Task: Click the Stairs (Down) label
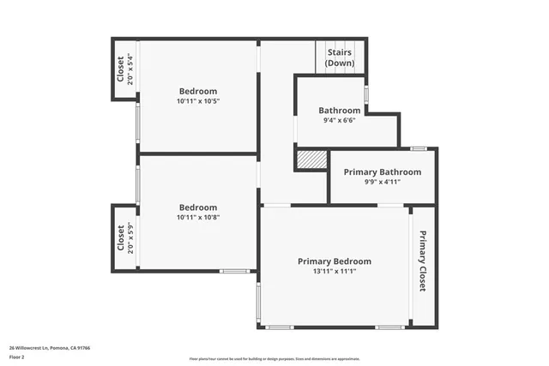click(x=340, y=57)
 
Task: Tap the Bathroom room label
click(x=340, y=111)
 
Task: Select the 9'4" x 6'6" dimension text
click(x=340, y=121)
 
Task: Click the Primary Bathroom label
click(x=382, y=172)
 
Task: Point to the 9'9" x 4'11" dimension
click(x=382, y=182)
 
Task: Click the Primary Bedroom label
click(x=335, y=261)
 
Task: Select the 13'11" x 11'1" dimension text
click(x=335, y=272)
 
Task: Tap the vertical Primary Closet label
click(x=423, y=261)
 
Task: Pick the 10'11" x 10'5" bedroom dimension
click(x=197, y=101)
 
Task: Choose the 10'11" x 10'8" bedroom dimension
click(x=197, y=217)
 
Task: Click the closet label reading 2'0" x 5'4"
click(x=125, y=69)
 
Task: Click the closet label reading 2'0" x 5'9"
click(x=125, y=237)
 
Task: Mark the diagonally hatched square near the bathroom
click(x=311, y=159)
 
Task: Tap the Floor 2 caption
click(x=17, y=356)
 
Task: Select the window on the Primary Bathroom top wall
click(x=419, y=149)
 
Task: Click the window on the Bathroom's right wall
click(x=366, y=93)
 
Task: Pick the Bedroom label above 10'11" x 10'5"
click(x=197, y=91)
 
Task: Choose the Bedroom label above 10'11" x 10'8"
click(x=197, y=207)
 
